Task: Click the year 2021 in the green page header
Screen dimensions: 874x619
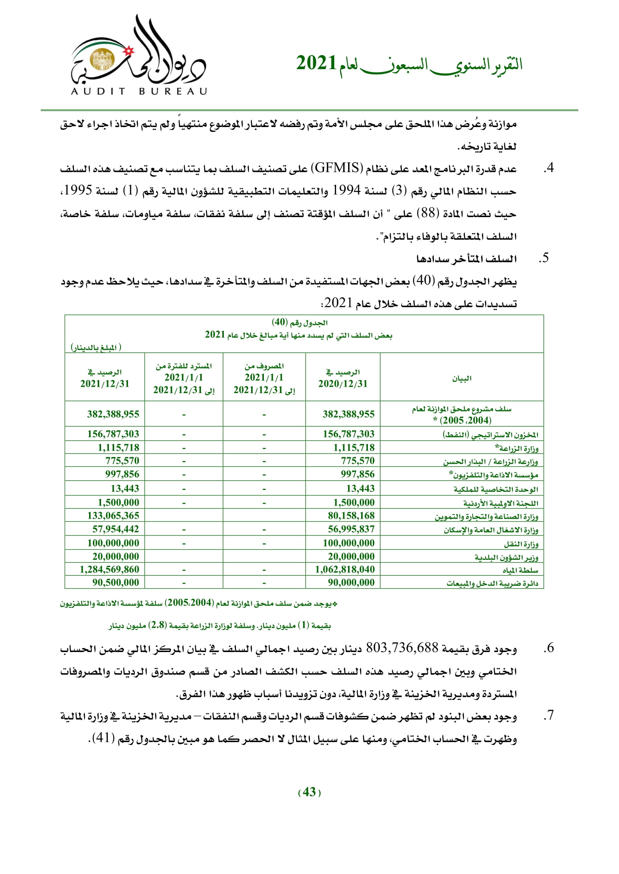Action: (316, 63)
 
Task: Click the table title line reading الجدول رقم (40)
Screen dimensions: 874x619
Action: (300, 322)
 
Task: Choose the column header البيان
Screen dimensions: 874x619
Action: (461, 379)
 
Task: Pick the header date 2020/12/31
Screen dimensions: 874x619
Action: (343, 384)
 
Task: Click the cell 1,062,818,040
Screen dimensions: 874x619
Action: (345, 569)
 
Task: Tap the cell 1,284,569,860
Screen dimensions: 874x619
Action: (109, 569)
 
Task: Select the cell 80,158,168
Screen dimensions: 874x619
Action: (351, 515)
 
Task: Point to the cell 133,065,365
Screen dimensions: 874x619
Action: (113, 515)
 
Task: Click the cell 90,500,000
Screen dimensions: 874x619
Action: (116, 582)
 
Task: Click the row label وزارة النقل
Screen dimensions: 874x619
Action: (521, 544)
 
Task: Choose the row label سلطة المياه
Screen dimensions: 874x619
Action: (520, 570)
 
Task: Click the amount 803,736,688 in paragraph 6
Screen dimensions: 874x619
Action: (402, 648)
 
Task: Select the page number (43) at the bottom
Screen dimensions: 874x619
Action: (309, 792)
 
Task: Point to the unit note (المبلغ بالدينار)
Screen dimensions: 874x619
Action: (96, 347)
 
